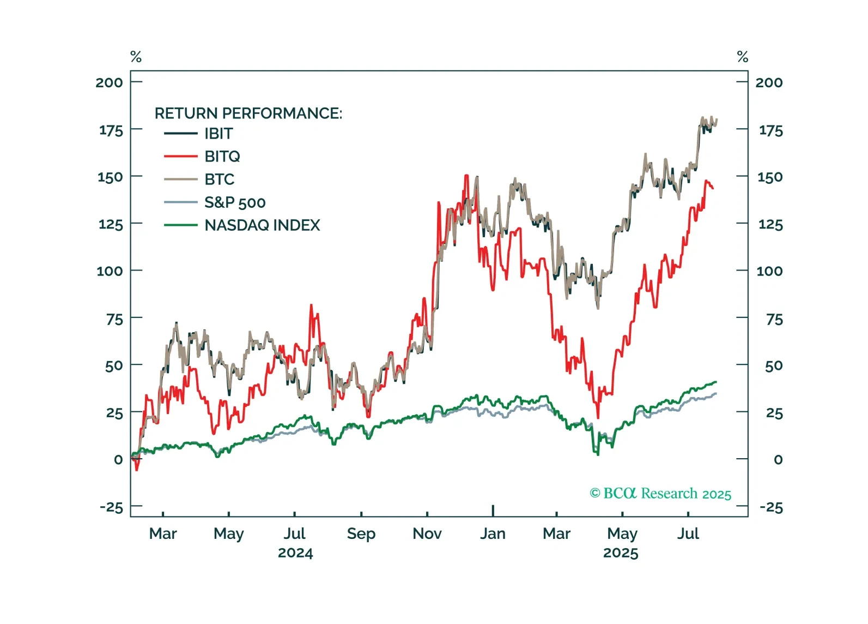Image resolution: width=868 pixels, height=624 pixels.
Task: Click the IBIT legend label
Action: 218,134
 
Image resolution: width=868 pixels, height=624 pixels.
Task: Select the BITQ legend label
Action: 222,157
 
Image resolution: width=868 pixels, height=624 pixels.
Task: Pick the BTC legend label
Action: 219,179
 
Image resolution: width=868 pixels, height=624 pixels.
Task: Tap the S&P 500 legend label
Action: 235,203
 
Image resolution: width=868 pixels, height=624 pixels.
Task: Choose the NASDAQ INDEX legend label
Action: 262,225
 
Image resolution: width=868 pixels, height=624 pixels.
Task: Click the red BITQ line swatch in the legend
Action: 180,157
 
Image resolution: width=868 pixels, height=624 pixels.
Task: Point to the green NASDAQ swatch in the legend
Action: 180,225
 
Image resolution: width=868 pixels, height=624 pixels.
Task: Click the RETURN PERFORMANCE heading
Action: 248,113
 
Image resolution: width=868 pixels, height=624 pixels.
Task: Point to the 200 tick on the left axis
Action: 109,82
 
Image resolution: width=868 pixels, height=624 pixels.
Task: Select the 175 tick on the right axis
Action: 770,131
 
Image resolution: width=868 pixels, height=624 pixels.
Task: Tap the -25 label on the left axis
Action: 111,507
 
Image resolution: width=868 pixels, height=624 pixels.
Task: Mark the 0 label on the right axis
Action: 778,460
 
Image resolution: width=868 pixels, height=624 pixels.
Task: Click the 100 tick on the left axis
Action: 110,271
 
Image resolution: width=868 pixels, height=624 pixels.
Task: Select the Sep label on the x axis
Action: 361,533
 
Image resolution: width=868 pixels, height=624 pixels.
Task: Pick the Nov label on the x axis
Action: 427,533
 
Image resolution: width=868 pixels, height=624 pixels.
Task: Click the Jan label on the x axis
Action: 493,533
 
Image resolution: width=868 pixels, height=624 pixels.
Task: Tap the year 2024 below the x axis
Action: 295,553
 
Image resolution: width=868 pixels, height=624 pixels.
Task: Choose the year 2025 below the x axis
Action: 621,553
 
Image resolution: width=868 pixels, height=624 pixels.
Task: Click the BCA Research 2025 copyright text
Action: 660,494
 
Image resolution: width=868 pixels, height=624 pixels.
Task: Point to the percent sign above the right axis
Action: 742,57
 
